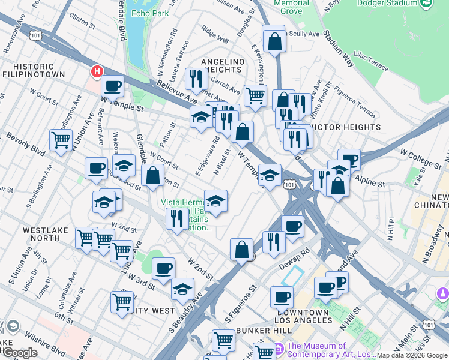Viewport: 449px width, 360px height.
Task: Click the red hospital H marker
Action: click(x=96, y=72)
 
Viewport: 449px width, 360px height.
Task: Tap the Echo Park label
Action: click(x=149, y=13)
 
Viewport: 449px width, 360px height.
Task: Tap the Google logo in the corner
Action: click(x=20, y=353)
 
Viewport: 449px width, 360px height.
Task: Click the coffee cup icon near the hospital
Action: click(x=112, y=86)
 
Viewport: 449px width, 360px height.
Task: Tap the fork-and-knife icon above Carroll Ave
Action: click(x=196, y=79)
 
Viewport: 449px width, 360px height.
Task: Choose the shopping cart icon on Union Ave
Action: click(x=61, y=140)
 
